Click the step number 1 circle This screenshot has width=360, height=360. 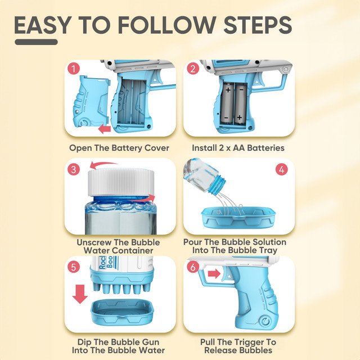click(x=74, y=69)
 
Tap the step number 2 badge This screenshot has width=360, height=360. click(x=193, y=69)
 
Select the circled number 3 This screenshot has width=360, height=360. click(x=74, y=169)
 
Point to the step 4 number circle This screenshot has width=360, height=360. click(x=282, y=169)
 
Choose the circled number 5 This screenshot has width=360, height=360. click(x=74, y=267)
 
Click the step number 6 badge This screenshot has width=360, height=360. click(x=193, y=267)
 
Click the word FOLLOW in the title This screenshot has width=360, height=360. click(x=167, y=25)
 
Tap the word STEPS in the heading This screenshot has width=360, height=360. click(x=258, y=25)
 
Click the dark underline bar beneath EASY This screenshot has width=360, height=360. click(x=36, y=42)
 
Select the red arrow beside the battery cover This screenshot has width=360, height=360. click(x=105, y=129)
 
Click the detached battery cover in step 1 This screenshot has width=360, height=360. click(x=92, y=101)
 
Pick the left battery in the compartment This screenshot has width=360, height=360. click(x=227, y=103)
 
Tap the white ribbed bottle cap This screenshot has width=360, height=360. click(x=121, y=182)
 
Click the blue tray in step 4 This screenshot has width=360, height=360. click(x=238, y=217)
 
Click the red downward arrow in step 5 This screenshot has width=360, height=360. click(x=80, y=294)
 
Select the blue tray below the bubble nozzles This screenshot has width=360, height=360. click(x=122, y=311)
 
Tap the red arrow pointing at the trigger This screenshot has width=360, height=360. click(x=214, y=274)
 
